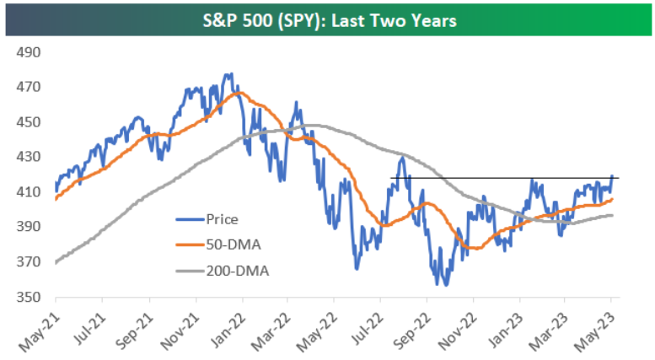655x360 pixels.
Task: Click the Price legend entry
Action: [223, 219]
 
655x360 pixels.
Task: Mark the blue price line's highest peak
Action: [229, 73]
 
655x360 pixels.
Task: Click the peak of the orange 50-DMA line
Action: [230, 92]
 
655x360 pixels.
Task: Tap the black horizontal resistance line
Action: [506, 178]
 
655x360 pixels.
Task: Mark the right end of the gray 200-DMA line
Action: [613, 215]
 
